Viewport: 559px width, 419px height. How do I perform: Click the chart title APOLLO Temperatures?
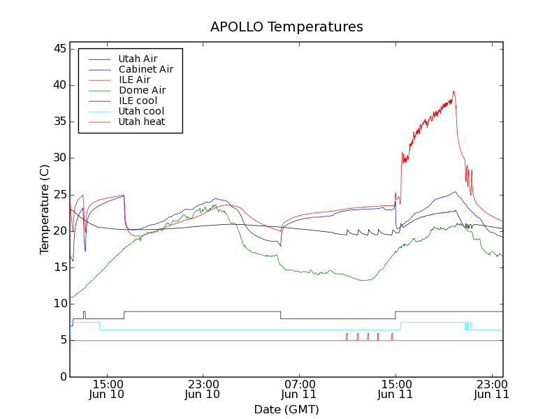click(286, 27)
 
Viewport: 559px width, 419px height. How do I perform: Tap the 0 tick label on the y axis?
click(63, 376)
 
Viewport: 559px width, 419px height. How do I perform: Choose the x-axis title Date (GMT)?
click(286, 409)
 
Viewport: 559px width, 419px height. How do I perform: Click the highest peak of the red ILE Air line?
click(453, 91)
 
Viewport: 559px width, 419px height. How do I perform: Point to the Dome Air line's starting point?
click(71, 297)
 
